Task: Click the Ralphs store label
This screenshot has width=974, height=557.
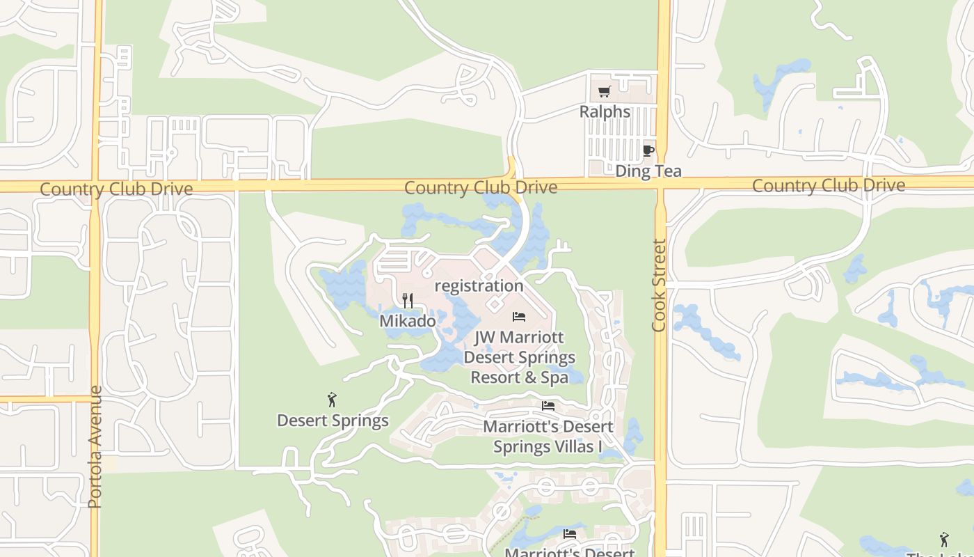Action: [605, 111]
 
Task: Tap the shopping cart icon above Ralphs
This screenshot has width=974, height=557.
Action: [605, 91]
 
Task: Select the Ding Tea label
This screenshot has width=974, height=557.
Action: [648, 171]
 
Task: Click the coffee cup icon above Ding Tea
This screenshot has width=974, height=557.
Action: [648, 150]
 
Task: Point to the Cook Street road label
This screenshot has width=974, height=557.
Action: [660, 285]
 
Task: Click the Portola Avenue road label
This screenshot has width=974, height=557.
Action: [95, 447]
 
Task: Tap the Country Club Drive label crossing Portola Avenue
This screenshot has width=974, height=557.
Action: [116, 189]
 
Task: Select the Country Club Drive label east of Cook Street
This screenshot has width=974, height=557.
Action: [828, 185]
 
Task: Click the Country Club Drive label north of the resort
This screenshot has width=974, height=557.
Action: [480, 187]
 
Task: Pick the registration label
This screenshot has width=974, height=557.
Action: [479, 285]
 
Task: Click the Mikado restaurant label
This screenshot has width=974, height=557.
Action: [408, 321]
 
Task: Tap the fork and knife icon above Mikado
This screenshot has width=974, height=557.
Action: [408, 301]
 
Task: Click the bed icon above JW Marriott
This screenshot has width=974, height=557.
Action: [519, 317]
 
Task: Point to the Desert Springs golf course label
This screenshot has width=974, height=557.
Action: [333, 421]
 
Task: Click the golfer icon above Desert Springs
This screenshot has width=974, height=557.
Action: [332, 400]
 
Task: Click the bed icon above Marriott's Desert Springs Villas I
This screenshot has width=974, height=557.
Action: [548, 406]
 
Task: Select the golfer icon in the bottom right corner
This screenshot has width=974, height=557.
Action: [943, 539]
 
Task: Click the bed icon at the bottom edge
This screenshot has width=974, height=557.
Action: [570, 535]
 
